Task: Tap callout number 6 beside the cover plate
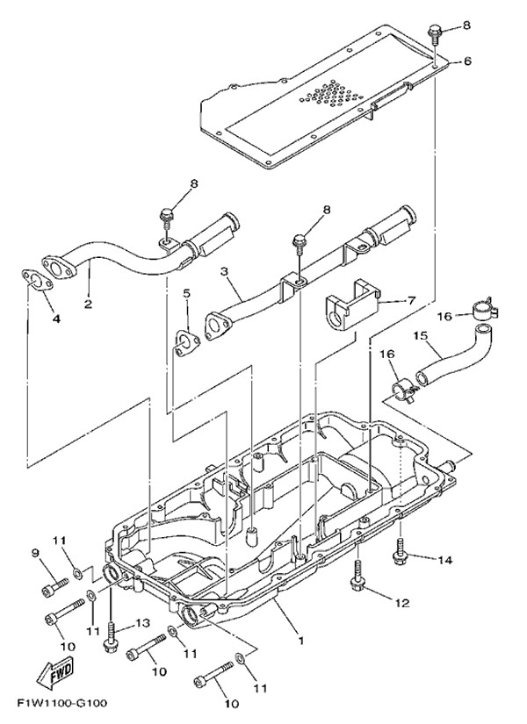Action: (467, 61)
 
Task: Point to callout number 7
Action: (410, 301)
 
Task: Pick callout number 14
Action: (444, 558)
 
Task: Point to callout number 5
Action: (186, 292)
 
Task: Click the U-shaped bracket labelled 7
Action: (349, 309)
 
